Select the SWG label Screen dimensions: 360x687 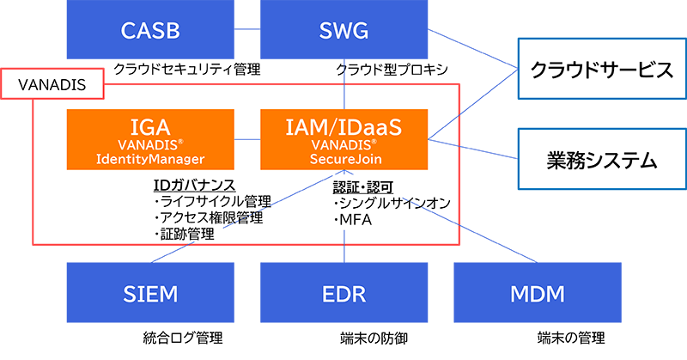tap(343, 33)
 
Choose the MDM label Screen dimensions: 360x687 tap(537, 295)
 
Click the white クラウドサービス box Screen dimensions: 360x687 tap(594, 70)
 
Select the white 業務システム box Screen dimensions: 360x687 tap(594, 160)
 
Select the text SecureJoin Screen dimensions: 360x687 tap(343, 159)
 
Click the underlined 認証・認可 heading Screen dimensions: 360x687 tap(363, 186)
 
